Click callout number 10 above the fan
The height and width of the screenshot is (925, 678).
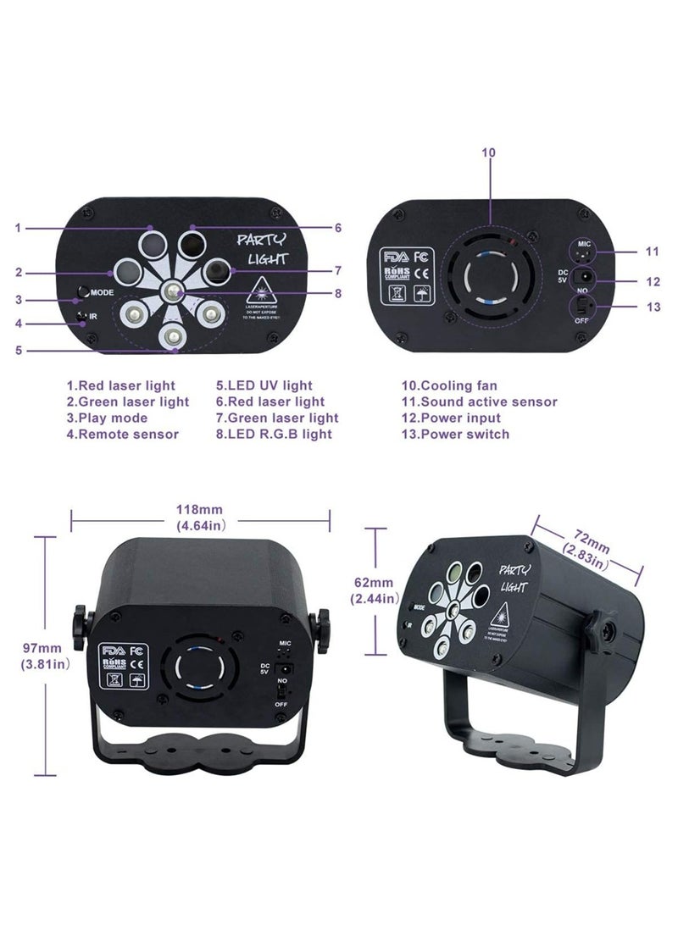[488, 152]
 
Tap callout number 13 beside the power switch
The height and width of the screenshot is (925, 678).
[653, 306]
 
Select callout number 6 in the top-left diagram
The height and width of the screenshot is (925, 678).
[337, 227]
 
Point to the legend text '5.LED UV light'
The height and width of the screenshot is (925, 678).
[264, 385]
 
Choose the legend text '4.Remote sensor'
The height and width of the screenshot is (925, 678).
[122, 434]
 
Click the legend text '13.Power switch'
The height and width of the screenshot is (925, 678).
[456, 434]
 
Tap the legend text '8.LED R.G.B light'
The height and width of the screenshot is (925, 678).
[274, 434]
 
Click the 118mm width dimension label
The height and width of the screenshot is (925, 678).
[200, 518]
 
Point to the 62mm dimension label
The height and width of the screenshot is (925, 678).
[374, 590]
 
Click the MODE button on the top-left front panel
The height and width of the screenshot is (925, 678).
[82, 292]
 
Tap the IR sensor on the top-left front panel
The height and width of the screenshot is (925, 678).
[82, 318]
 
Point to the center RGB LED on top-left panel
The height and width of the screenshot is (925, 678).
[173, 291]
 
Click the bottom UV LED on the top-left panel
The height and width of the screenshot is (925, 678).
[173, 337]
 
